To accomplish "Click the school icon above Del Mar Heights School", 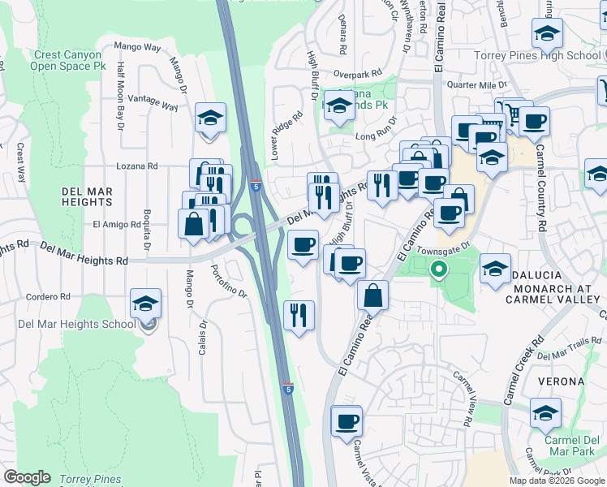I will tap(146, 304).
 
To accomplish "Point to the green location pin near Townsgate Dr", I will tap(439, 269).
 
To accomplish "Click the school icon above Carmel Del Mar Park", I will tap(546, 412).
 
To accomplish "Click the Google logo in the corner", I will tap(27, 477).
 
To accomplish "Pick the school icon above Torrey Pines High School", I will tap(547, 33).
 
